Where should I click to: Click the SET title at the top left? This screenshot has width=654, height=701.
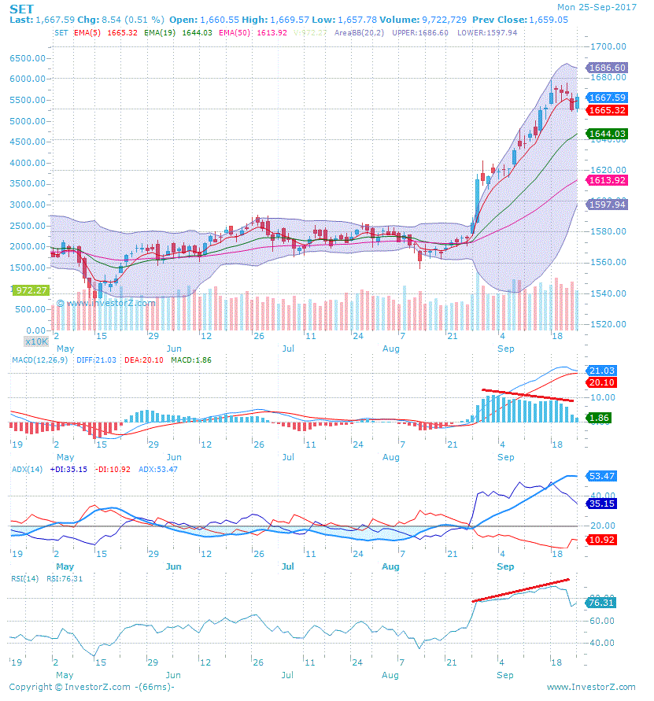[21, 8]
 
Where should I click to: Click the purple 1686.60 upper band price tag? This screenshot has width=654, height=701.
[608, 68]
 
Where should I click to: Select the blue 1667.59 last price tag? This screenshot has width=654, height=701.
[608, 98]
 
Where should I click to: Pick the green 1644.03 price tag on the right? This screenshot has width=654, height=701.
[608, 135]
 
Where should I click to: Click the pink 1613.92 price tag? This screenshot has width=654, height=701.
[608, 180]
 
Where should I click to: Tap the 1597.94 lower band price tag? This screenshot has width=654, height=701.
[608, 205]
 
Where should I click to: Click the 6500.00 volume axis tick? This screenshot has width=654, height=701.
[28, 58]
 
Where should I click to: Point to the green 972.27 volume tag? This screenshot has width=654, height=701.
[31, 290]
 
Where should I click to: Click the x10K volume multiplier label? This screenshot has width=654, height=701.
[36, 341]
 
